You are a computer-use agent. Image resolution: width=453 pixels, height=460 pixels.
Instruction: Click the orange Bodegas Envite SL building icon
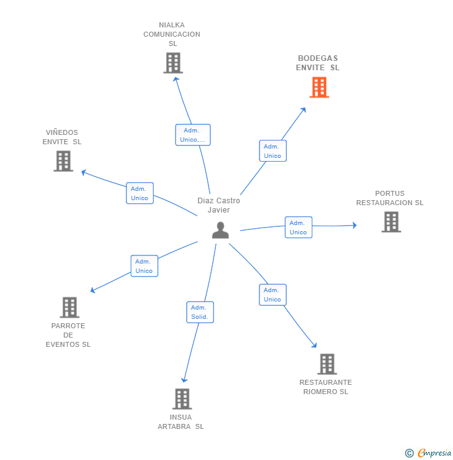[319, 88]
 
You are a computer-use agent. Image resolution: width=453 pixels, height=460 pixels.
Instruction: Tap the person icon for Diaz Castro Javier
[220, 230]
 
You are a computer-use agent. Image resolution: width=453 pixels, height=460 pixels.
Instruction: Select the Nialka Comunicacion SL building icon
[173, 63]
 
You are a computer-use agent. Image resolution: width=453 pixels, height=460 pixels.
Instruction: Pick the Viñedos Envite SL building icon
[63, 161]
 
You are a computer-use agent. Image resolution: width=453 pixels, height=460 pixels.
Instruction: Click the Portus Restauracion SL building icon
[391, 222]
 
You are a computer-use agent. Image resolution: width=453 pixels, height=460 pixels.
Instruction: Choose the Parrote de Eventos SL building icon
[70, 307]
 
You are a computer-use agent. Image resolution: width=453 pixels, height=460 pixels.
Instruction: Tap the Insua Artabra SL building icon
[182, 398]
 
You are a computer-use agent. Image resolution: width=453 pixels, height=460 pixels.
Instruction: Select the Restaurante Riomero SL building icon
[327, 364]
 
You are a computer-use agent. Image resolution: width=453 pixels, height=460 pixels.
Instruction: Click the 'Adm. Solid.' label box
[200, 312]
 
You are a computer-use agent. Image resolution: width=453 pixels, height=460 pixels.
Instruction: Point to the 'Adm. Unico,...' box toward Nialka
[193, 135]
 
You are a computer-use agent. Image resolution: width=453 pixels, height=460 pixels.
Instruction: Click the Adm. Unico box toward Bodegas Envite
[273, 151]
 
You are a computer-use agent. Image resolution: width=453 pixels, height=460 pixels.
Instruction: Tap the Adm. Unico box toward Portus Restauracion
[298, 228]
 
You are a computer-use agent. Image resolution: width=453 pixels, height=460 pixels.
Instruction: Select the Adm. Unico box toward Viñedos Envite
[139, 193]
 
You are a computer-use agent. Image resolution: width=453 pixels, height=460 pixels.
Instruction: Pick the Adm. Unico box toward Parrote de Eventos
[144, 266]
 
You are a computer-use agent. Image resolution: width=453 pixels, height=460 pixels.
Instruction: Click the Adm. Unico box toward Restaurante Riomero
[273, 295]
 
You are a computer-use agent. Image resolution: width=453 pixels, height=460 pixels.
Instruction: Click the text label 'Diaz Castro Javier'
[218, 205]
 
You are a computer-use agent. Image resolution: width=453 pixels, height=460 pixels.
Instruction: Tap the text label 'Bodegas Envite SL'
[317, 63]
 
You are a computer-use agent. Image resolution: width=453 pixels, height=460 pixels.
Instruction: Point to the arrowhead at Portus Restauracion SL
[354, 226]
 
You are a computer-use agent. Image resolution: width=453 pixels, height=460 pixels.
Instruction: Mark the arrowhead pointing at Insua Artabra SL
[184, 380]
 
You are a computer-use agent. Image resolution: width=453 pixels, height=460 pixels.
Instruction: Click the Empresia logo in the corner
[429, 453]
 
